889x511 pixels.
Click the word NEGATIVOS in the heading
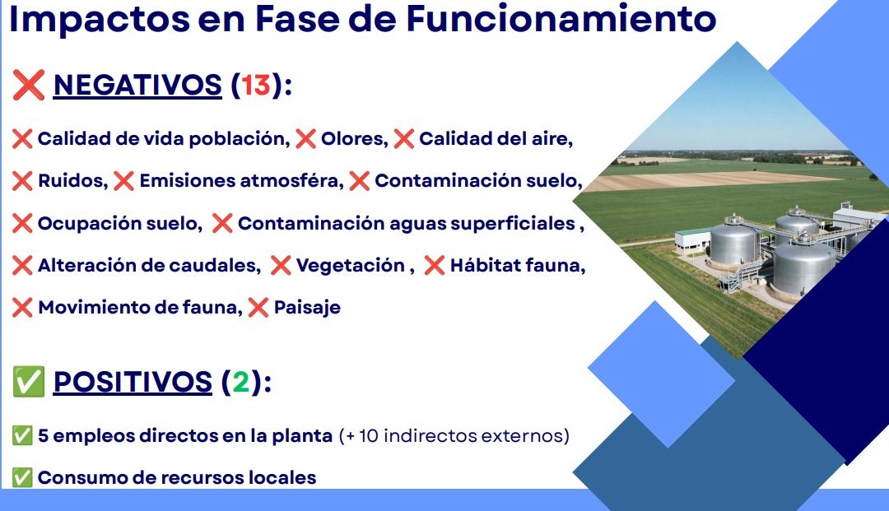pyautogui.click(x=137, y=85)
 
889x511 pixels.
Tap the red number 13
pyautogui.click(x=256, y=85)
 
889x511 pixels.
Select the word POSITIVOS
pyautogui.click(x=133, y=381)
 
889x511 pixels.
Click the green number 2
pyautogui.click(x=241, y=381)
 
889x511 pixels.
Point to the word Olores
pyautogui.click(x=354, y=139)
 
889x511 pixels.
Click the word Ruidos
pyautogui.click(x=72, y=181)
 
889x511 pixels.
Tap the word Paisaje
pyautogui.click(x=307, y=308)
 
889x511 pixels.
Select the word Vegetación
pyautogui.click(x=351, y=265)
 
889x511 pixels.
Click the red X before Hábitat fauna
pyautogui.click(x=435, y=265)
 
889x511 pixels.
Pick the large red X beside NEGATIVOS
pyautogui.click(x=28, y=86)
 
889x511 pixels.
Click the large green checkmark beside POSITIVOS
pyautogui.click(x=28, y=381)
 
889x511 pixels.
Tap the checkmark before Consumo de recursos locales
pyautogui.click(x=22, y=477)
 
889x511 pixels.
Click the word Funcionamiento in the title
pyautogui.click(x=561, y=18)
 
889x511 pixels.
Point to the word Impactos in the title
pyautogui.click(x=100, y=19)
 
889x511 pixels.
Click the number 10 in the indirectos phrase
pyautogui.click(x=369, y=435)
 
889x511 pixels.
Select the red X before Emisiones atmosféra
pyautogui.click(x=123, y=181)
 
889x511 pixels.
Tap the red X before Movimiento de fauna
pyautogui.click(x=22, y=308)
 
